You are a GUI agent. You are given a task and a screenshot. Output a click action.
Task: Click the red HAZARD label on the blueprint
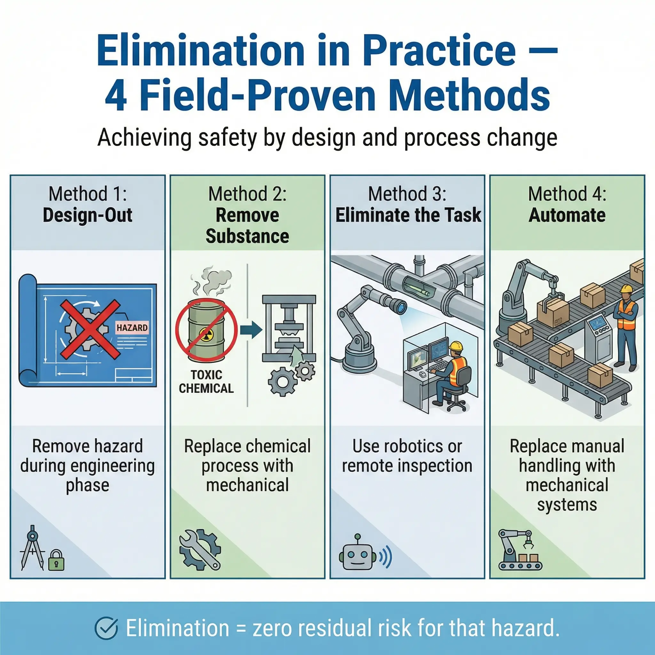pos(132,327)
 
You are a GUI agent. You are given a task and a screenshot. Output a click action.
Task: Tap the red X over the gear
pos(90,329)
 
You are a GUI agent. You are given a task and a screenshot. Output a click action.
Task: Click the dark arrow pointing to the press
pos(251,329)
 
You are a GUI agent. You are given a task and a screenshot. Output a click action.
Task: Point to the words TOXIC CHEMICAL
pos(206,382)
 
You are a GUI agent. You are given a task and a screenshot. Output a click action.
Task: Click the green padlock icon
pos(56,560)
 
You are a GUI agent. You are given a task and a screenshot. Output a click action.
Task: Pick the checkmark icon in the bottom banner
pos(107,628)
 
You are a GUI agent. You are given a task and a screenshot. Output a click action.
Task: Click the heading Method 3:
pos(407,194)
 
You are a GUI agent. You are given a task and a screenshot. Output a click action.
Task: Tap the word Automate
pos(567,215)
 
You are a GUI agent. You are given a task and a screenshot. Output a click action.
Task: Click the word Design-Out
pos(87,215)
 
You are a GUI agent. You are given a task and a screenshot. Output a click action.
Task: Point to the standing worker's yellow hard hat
pos(626,288)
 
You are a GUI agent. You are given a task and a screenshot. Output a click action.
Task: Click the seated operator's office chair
pos(458,388)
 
